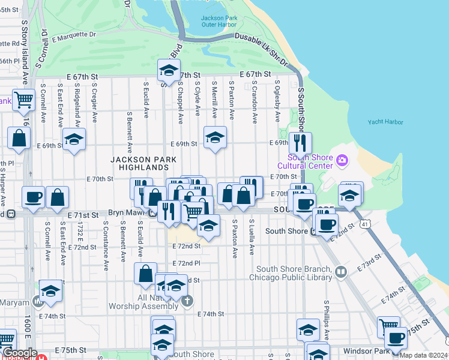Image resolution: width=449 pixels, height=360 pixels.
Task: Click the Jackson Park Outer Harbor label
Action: tap(219, 22)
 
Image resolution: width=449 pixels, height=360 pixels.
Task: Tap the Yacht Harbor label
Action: tap(385, 122)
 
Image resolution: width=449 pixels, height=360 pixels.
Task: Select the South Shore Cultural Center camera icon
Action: tap(342, 160)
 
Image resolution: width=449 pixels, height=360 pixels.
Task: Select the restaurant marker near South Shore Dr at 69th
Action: tap(300, 143)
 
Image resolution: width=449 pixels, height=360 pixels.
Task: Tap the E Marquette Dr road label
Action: tap(73, 36)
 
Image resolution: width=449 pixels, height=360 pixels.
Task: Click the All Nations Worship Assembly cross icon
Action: tap(187, 300)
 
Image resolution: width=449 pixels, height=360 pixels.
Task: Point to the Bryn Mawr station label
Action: tap(128, 213)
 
